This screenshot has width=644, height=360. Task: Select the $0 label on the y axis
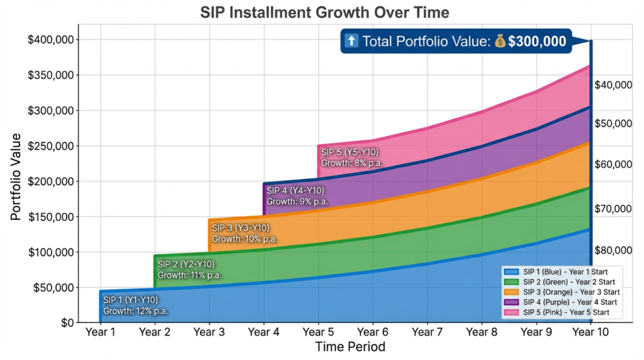click(x=65, y=323)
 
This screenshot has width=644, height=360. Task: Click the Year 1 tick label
click(x=100, y=332)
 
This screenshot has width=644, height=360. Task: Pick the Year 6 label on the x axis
click(x=373, y=332)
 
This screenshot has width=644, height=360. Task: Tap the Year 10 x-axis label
click(x=591, y=332)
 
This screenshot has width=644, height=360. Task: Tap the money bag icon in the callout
click(x=500, y=42)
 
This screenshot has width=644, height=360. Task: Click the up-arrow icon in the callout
click(x=352, y=42)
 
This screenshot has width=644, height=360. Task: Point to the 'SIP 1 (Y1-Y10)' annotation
click(x=130, y=300)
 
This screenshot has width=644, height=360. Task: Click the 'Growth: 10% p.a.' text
click(x=244, y=239)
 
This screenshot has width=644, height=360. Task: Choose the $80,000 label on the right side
click(x=613, y=250)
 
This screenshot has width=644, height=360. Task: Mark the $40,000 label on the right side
click(x=613, y=85)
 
